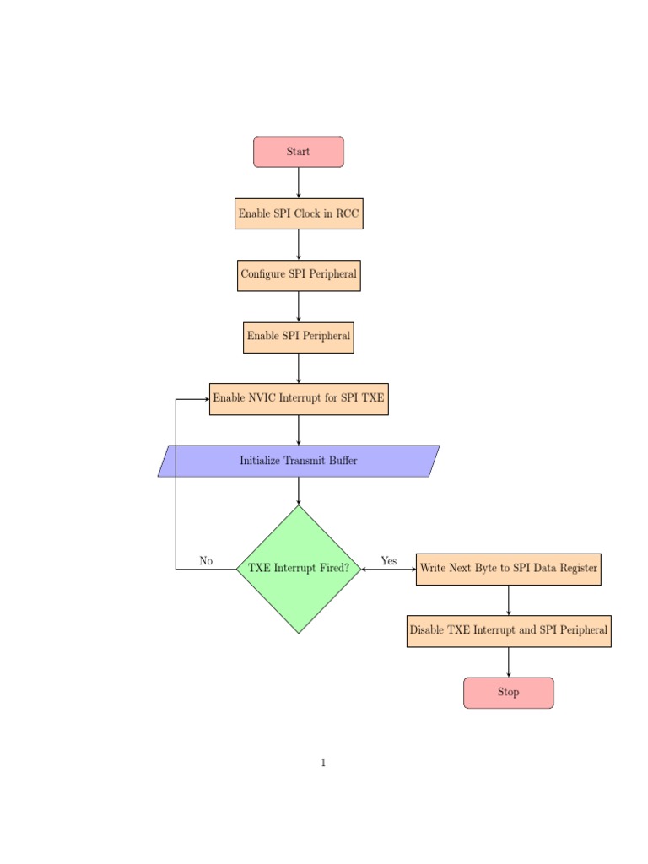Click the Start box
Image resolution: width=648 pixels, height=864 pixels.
pos(299,152)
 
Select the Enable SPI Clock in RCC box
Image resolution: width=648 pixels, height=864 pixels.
pos(299,213)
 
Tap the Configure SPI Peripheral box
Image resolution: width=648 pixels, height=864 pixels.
pos(299,275)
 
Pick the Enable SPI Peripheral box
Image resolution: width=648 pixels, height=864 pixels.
pos(299,337)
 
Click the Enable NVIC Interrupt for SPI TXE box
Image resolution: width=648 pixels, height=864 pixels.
pos(299,398)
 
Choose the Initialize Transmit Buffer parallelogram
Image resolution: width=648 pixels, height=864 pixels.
pos(299,461)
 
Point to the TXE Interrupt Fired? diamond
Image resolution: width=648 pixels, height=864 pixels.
pos(299,569)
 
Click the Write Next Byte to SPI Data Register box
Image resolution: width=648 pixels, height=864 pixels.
pos(509,569)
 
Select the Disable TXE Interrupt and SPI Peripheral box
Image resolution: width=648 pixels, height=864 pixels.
pos(509,630)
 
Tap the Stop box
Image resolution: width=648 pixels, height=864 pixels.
pos(509,692)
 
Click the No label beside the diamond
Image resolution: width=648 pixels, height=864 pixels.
pos(206,561)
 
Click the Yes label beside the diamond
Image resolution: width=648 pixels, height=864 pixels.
pos(389,561)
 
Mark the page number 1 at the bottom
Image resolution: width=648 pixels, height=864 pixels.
pos(323,763)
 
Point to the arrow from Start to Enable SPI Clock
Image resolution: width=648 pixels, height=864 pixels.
pos(299,182)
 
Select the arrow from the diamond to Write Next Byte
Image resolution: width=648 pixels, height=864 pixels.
pos(389,570)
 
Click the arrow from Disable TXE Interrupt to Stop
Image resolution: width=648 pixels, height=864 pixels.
pos(509,662)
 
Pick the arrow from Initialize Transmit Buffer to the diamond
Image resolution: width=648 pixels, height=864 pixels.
pos(299,490)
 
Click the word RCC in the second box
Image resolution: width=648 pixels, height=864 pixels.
pos(348,213)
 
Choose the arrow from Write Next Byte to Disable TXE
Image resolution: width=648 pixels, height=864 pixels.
pos(509,600)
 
